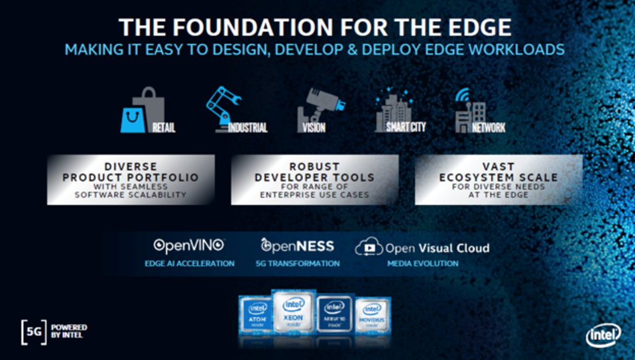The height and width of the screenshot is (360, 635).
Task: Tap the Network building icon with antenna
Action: click(469, 111)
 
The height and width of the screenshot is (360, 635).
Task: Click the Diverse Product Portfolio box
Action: click(130, 180)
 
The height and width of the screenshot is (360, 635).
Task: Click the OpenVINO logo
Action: click(190, 246)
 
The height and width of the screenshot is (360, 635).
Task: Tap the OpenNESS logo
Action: click(297, 246)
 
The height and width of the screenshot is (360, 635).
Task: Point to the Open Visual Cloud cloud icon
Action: click(369, 248)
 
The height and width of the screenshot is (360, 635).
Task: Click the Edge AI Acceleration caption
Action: click(190, 264)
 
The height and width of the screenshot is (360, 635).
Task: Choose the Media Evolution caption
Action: click(423, 264)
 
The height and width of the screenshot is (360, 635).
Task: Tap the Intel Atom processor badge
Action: click(256, 316)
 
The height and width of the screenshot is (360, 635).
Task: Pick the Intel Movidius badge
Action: click(372, 316)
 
